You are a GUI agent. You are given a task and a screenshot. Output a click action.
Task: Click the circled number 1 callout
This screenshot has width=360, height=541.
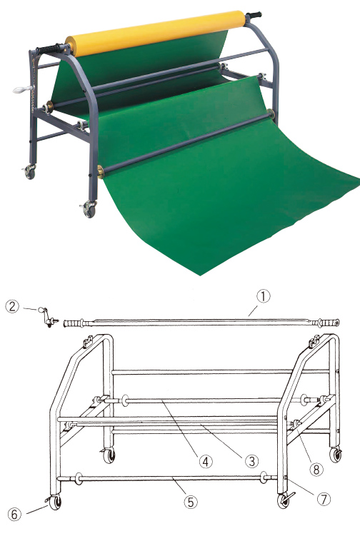coord(263,296)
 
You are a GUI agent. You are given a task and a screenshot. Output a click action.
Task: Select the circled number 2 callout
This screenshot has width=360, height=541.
coord(12,306)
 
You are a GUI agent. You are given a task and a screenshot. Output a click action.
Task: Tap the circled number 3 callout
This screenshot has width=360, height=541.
coord(251,461)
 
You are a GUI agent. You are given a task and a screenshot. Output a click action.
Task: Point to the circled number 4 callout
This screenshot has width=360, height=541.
coord(206,461)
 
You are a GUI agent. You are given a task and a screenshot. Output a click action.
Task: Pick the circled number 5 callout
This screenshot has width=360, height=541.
coord(191,502)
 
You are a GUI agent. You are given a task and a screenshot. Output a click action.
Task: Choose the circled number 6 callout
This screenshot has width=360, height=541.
coord(14,515)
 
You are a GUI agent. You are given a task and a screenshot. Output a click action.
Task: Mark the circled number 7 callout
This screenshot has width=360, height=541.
coord(324,499)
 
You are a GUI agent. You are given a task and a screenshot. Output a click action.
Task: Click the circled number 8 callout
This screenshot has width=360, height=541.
coord(316,468)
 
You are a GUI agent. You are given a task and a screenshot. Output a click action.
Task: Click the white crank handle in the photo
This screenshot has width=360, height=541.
coord(22,90)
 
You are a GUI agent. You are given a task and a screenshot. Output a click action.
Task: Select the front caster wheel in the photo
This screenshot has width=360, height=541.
coord(89,209)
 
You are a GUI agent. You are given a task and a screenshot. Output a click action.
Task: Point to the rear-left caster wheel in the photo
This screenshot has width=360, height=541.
coord(29,172)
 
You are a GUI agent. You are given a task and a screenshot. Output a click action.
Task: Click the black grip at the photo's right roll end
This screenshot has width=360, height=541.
coord(254,16)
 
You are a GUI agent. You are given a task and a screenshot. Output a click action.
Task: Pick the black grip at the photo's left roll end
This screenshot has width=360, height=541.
coord(51,49)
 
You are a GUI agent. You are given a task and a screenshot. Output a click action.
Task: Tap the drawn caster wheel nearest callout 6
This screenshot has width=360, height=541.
coord(54,502)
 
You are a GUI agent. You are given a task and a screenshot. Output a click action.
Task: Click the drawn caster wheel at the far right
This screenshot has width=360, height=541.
coord(335,454)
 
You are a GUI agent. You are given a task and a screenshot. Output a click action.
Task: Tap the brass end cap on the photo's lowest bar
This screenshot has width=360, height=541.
coord(101,171)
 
